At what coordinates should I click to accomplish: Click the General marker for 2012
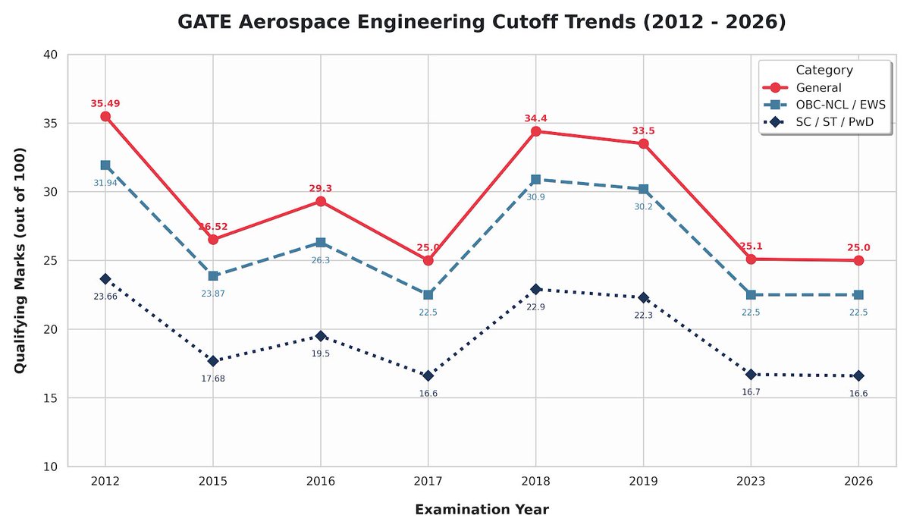point(105,117)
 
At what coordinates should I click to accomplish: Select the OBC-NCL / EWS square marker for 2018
point(535,180)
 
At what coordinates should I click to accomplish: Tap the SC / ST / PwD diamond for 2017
point(428,375)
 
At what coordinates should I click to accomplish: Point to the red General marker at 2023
point(751,259)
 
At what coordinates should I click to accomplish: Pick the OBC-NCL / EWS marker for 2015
point(213,276)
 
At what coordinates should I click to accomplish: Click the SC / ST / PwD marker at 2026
point(858,375)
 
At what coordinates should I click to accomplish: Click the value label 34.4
point(535,118)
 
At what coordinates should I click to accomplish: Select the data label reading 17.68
point(213,379)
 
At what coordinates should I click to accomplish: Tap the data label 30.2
point(643,206)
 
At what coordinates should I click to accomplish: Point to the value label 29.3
point(321,188)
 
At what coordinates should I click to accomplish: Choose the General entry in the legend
point(820,88)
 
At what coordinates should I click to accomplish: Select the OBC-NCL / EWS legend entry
point(840,105)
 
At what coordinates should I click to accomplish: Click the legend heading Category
point(824,71)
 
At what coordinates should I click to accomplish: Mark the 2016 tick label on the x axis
point(321,482)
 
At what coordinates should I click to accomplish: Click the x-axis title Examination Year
point(482,509)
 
